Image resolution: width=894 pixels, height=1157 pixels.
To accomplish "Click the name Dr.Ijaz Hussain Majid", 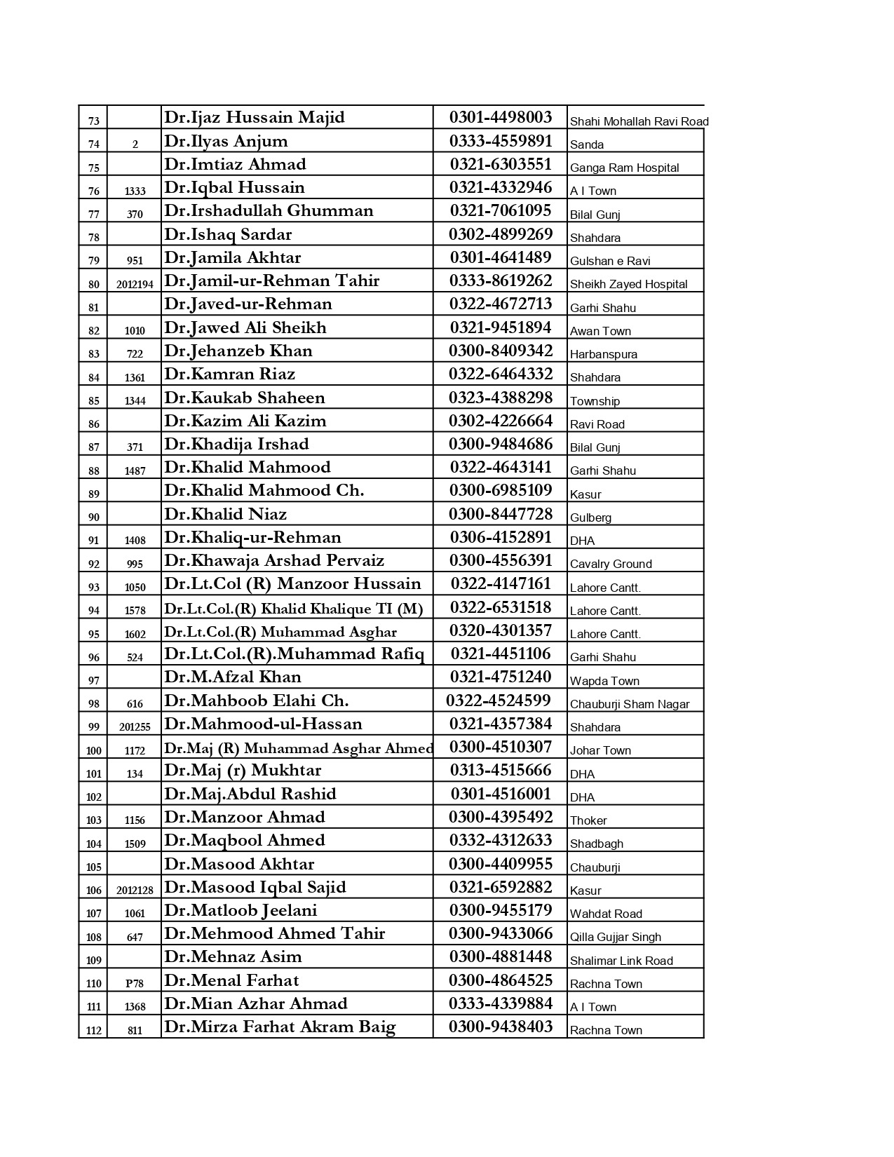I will click(255, 117).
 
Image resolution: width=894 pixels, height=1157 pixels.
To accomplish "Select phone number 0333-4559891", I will click(501, 141).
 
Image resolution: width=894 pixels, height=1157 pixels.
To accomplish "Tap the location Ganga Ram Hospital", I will click(624, 168).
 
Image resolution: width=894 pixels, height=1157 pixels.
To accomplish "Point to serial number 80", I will click(94, 284).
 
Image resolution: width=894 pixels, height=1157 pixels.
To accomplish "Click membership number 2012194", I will click(135, 284).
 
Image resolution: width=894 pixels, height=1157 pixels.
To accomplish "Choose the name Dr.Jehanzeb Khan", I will click(238, 351).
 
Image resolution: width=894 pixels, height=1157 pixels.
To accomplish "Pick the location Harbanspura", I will click(603, 354).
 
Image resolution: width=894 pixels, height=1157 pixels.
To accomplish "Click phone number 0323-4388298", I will click(501, 398).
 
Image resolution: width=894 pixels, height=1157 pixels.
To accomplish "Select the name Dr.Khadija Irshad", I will click(236, 444).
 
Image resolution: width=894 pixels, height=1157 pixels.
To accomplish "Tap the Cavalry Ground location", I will click(611, 564).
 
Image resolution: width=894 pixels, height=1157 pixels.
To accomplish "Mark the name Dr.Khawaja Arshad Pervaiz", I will click(274, 560).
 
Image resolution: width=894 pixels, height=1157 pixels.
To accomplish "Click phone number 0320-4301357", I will click(501, 630).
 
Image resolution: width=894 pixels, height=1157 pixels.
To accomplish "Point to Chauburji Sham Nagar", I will click(630, 704).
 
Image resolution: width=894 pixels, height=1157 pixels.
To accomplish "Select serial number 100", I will click(94, 750).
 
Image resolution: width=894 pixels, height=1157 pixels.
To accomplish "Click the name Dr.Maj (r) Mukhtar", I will click(243, 770).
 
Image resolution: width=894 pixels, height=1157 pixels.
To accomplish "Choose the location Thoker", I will click(588, 820).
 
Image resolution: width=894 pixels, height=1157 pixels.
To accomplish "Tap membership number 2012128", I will click(135, 890).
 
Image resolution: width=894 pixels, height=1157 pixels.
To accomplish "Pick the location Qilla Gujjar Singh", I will click(615, 937).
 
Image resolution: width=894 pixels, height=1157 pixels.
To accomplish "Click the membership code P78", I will click(135, 983).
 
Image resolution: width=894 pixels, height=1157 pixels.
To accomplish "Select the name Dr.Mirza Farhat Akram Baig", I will click(280, 1027).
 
